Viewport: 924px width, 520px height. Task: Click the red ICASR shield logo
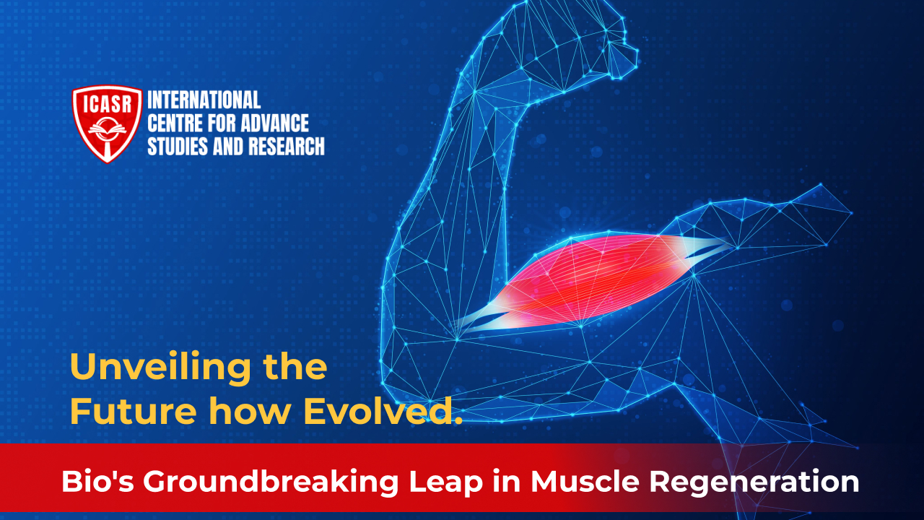(108, 123)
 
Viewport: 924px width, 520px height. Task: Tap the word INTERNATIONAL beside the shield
(204, 100)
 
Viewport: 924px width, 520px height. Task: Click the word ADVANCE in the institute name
(274, 123)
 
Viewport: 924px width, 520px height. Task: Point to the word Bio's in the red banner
(97, 481)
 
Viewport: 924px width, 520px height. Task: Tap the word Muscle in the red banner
(585, 481)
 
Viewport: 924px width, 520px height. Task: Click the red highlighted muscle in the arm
(594, 281)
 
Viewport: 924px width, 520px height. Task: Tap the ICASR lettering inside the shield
(108, 103)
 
